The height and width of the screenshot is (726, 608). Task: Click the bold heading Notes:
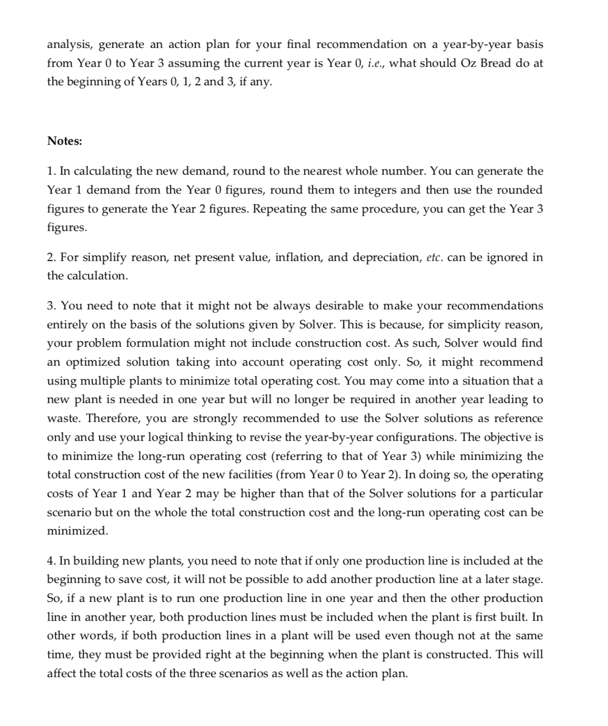65,141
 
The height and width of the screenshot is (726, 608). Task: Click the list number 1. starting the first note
52,171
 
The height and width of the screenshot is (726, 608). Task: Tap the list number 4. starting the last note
52,561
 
